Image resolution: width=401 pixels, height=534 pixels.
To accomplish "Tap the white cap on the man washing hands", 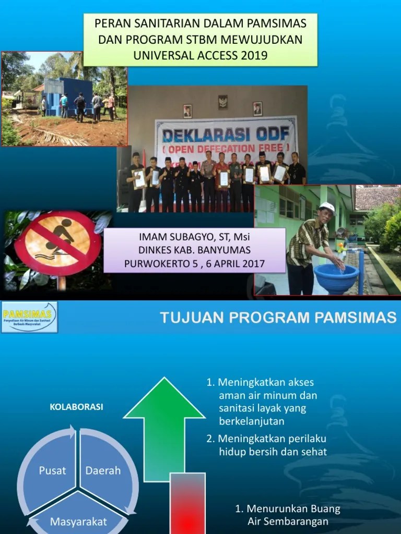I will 327,207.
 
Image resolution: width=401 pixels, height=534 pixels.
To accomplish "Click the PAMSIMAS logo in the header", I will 29,317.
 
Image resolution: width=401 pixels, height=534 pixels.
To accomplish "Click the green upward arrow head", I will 164,399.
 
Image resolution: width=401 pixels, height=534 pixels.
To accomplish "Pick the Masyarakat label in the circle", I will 78,521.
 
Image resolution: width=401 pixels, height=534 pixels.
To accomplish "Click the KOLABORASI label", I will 76,407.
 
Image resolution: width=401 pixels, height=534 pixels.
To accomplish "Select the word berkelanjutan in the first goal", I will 252,421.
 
